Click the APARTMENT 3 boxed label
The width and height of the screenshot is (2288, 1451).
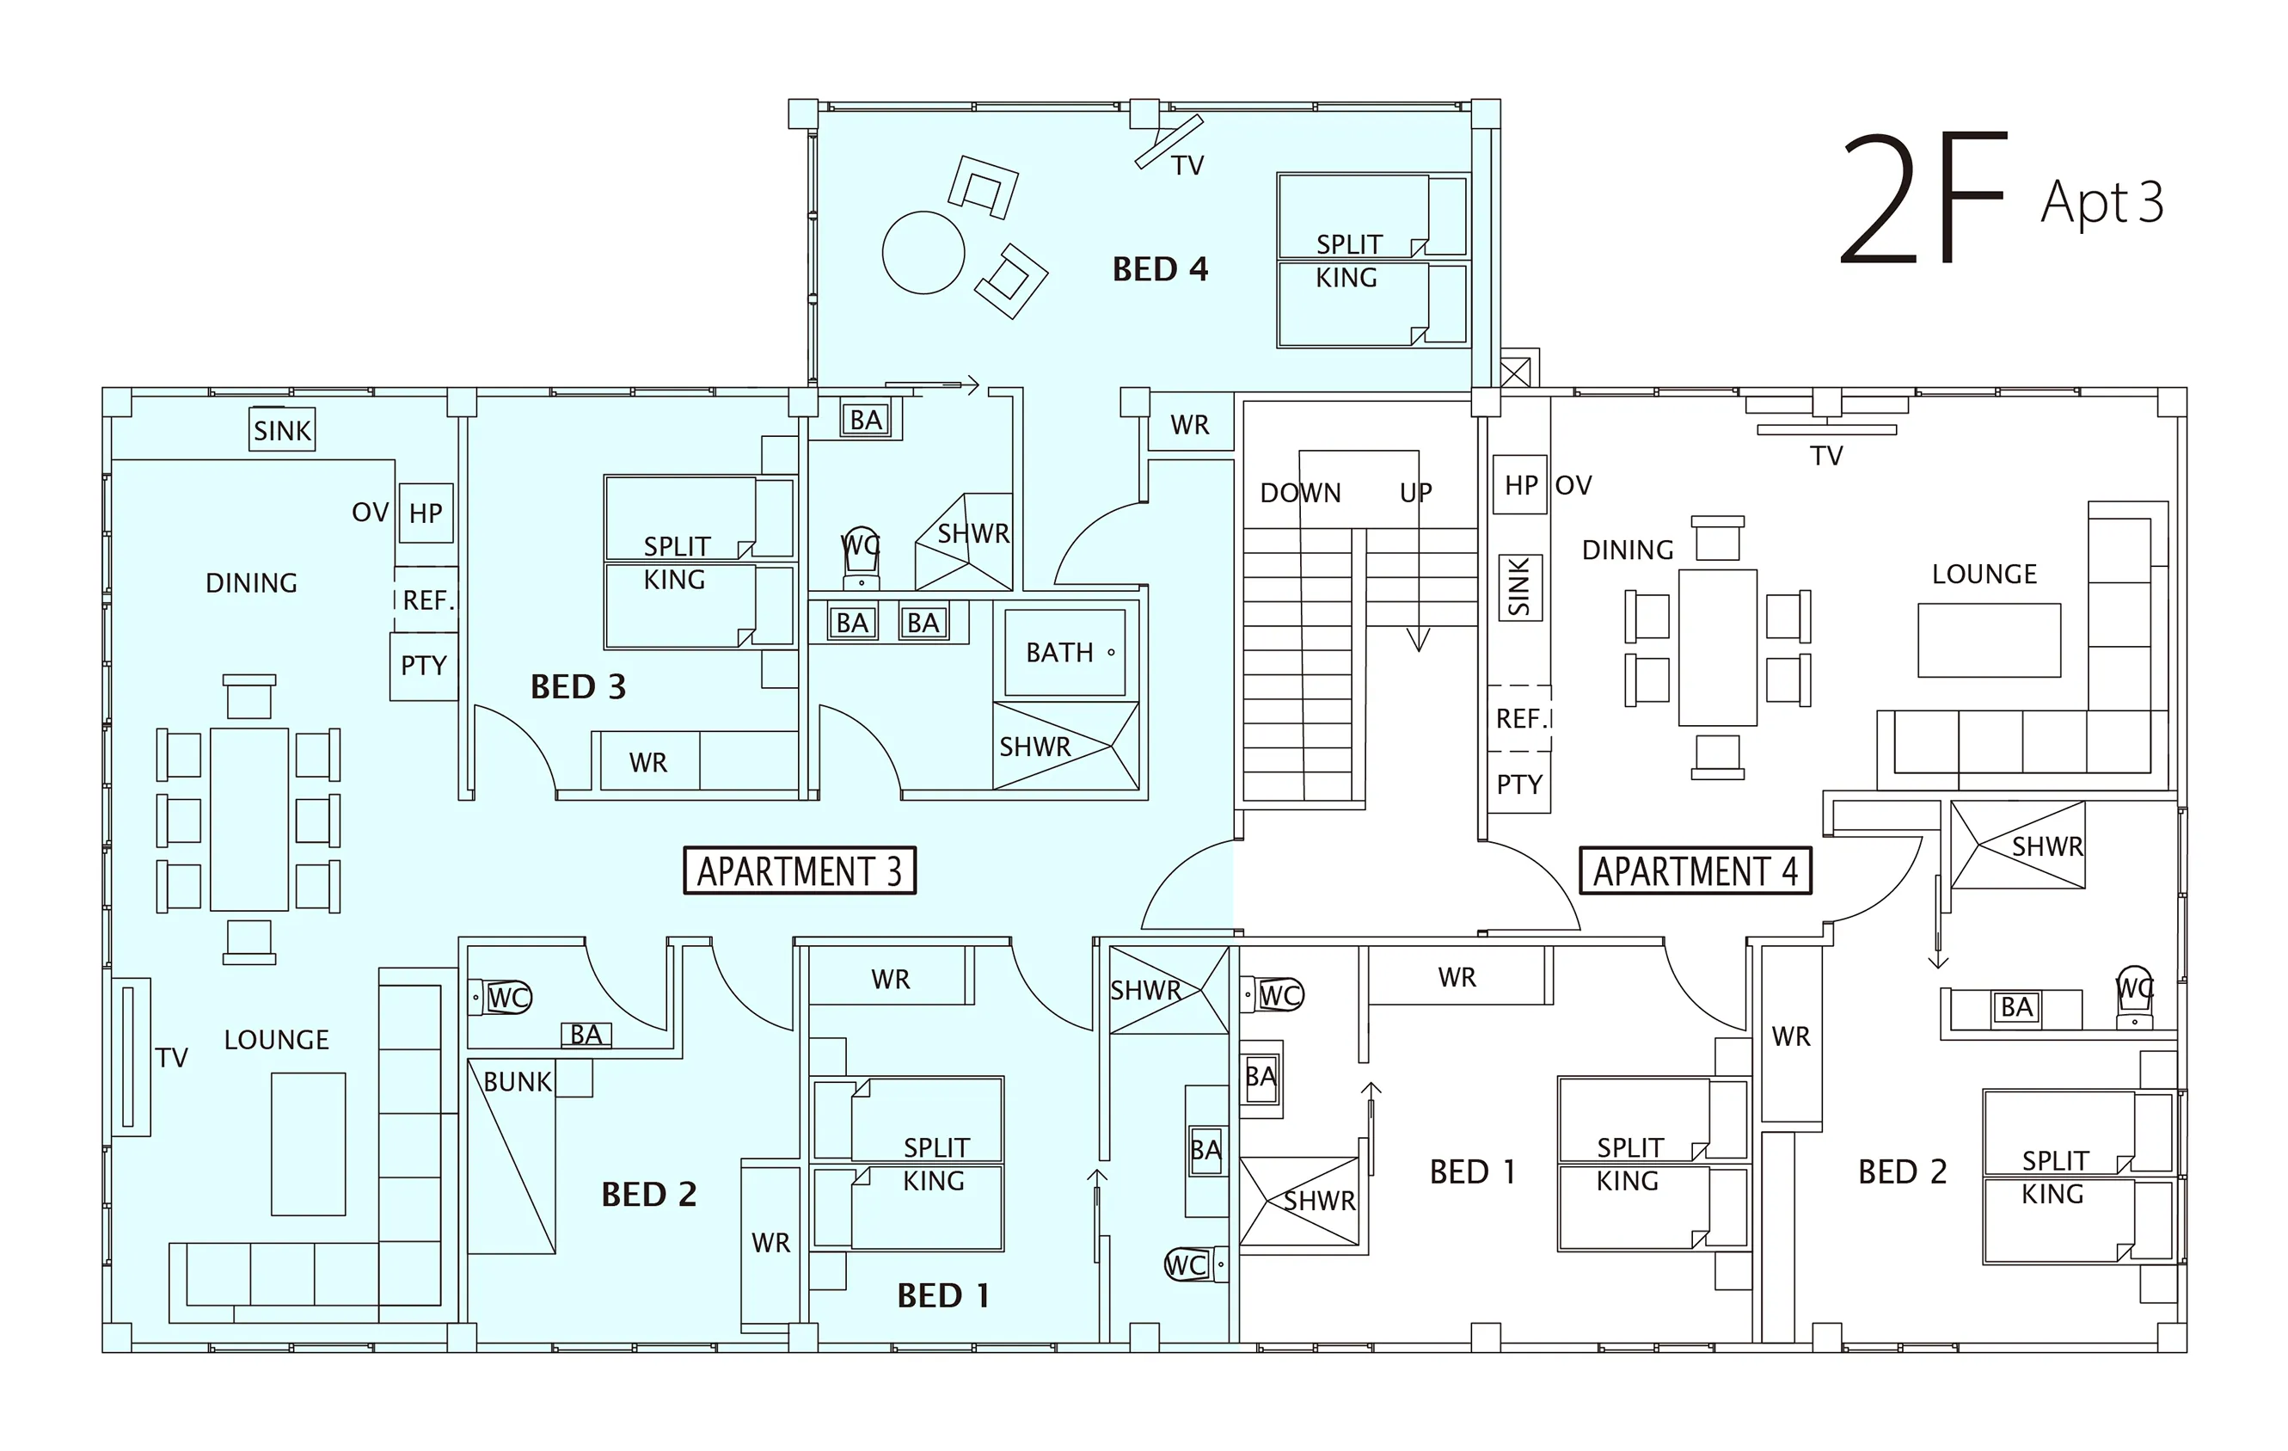[x=799, y=870]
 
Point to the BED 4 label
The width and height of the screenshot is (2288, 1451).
[x=1160, y=270]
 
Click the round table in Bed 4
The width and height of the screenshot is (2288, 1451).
[x=923, y=253]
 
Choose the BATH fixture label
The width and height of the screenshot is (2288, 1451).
[x=1059, y=653]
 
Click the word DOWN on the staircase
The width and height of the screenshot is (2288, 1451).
[x=1300, y=493]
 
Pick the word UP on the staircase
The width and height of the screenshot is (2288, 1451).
[x=1416, y=493]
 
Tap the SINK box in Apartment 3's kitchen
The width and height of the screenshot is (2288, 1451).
[x=282, y=430]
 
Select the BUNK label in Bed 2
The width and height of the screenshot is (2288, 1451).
[x=518, y=1081]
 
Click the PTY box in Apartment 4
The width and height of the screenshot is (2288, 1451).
[x=1519, y=784]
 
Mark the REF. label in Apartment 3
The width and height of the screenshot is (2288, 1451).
[x=428, y=600]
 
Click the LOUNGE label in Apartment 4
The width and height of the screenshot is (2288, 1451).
[x=1984, y=574]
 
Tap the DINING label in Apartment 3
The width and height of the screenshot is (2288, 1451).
[x=252, y=582]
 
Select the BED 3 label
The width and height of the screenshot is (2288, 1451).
[x=578, y=687]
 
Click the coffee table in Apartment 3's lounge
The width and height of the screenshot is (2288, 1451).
[x=308, y=1144]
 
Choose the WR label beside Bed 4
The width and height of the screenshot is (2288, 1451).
[x=1190, y=425]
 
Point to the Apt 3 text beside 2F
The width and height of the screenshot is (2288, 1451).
[x=2101, y=202]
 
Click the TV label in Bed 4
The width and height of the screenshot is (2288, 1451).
[x=1187, y=166]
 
